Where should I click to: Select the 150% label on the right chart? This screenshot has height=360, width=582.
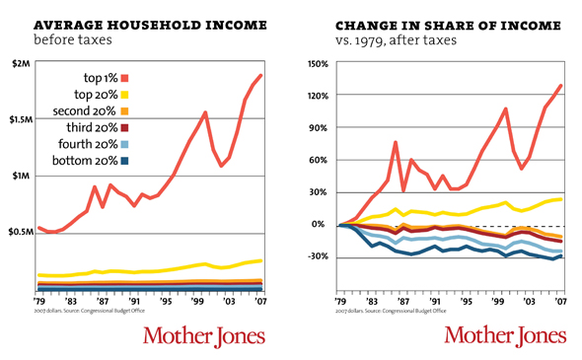coord(317,63)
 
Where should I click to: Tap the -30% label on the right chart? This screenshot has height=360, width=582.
coord(317,257)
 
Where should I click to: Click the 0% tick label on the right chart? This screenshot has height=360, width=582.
coord(321,225)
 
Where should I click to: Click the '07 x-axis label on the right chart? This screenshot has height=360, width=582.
coord(559,300)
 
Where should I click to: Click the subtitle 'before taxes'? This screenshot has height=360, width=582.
coord(72,40)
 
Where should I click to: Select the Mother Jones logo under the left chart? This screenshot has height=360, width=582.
coord(204,335)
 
